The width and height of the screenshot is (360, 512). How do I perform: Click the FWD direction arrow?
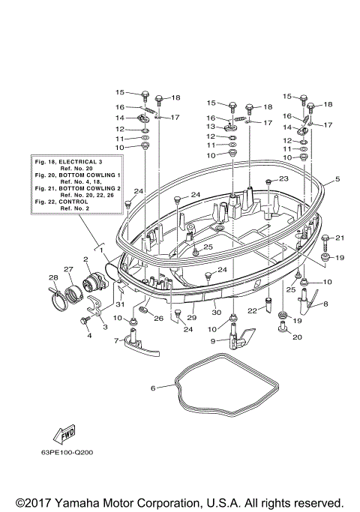(x=62, y=436)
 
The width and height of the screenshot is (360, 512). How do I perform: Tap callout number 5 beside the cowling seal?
(x=337, y=179)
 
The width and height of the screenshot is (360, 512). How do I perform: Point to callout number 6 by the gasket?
(x=152, y=388)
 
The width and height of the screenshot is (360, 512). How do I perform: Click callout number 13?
(x=211, y=127)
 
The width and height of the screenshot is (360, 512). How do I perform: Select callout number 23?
(x=283, y=179)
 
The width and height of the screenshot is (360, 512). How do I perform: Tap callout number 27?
(x=67, y=269)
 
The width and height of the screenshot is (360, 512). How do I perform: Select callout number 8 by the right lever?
(x=325, y=304)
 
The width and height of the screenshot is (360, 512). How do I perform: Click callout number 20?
(x=298, y=337)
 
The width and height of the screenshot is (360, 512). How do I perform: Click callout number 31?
(x=119, y=303)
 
